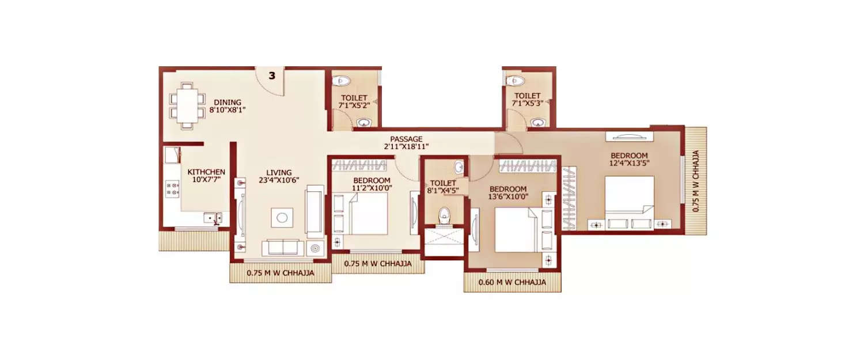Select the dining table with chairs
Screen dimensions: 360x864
(x=187, y=105)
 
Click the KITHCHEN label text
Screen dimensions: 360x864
(x=206, y=172)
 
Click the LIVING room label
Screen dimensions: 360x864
(x=279, y=172)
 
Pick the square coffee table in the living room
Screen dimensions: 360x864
(x=282, y=217)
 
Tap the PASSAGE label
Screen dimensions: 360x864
(x=406, y=139)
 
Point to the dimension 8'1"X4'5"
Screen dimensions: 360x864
(x=442, y=191)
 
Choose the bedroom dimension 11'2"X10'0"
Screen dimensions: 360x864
(x=371, y=188)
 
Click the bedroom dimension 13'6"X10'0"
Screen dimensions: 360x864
(x=507, y=196)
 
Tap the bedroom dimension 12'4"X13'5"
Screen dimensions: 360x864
(x=629, y=164)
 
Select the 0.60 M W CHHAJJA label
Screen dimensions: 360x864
(x=512, y=283)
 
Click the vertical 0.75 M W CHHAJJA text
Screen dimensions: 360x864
(x=696, y=181)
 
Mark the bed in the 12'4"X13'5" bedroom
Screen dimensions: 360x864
(x=629, y=199)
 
